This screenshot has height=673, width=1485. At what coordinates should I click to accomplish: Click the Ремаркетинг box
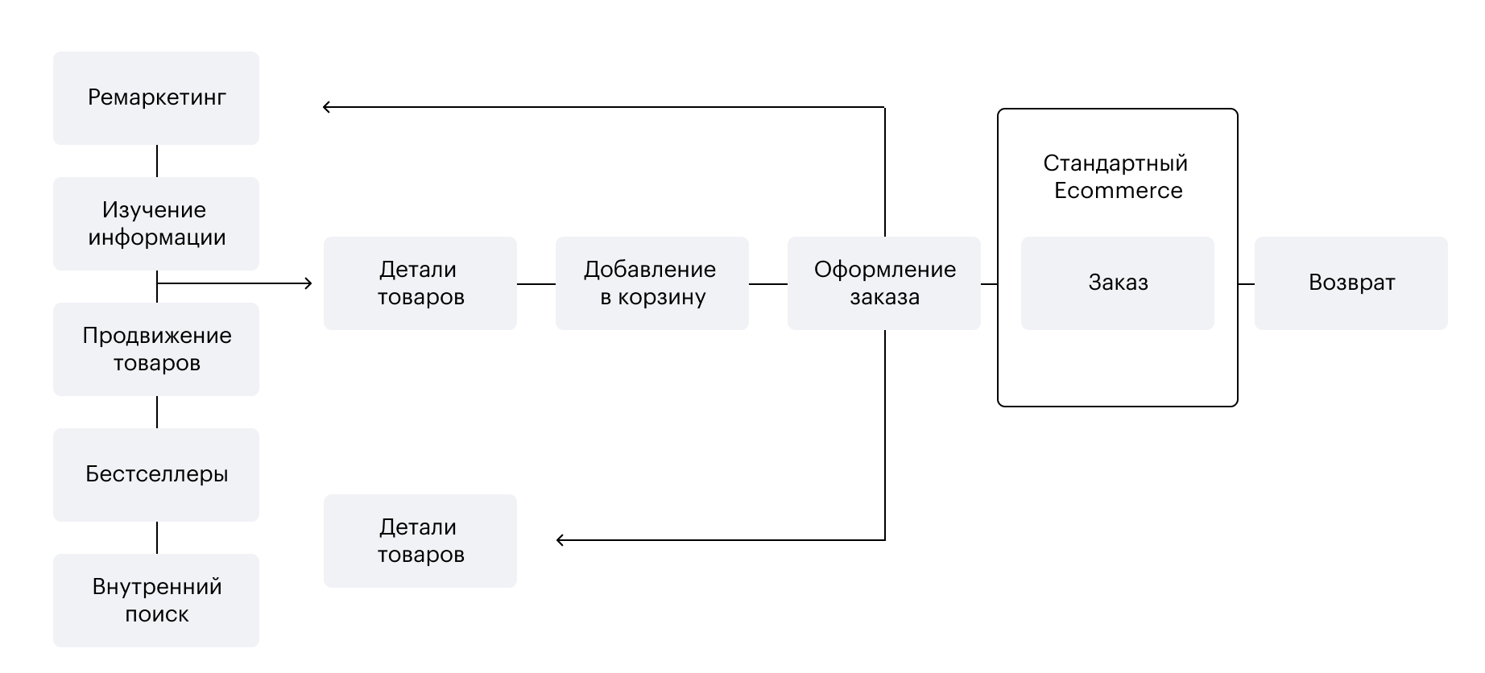[156, 98]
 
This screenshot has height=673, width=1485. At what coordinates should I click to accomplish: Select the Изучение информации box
[156, 224]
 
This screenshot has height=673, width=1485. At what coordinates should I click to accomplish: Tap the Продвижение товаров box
[156, 349]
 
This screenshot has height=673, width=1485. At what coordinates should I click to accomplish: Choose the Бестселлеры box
[156, 475]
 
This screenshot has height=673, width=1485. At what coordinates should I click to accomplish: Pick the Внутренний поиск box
[156, 601]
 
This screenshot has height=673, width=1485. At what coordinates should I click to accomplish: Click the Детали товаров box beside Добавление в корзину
[420, 283]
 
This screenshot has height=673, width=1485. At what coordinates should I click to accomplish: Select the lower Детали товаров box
[420, 541]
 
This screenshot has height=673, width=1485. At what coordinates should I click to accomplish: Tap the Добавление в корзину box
[652, 283]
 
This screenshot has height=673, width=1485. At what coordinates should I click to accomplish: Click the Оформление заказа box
[884, 283]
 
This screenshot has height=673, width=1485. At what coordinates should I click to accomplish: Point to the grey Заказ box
[1118, 283]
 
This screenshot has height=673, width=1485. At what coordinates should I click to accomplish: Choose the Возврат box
[1351, 283]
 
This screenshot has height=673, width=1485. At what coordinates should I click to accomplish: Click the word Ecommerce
[1118, 191]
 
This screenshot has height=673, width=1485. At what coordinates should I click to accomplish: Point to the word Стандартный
[1115, 163]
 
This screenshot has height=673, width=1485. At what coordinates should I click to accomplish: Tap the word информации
[157, 237]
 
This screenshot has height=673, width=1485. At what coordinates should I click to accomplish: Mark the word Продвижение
[157, 336]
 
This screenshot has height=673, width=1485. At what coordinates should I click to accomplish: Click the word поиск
[157, 614]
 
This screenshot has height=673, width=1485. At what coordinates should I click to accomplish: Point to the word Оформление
[885, 270]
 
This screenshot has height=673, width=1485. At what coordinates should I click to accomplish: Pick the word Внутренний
[157, 587]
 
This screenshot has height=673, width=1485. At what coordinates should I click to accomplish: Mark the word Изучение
[154, 210]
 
